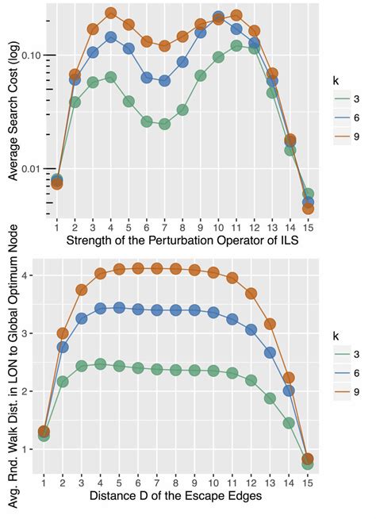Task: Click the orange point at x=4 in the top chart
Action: tap(111, 13)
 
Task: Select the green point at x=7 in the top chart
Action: tap(164, 125)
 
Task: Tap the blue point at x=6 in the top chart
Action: tap(147, 78)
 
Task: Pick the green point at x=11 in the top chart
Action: tap(236, 46)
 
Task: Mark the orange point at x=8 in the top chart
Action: tap(182, 37)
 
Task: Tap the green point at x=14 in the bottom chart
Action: tap(290, 423)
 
